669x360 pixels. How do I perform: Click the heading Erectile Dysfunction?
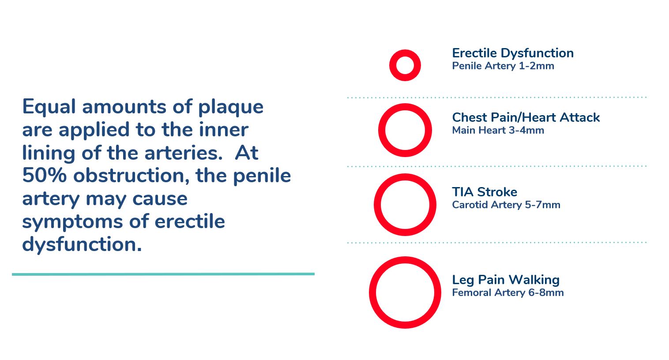(x=513, y=53)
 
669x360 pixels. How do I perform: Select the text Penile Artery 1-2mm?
(x=503, y=66)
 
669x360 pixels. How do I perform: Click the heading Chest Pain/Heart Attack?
(x=526, y=118)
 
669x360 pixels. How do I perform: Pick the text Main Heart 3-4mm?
(x=498, y=131)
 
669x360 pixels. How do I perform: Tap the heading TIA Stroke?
(x=485, y=192)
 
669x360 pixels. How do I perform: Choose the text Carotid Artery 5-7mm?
(x=506, y=205)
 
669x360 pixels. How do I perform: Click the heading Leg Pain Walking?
(x=506, y=280)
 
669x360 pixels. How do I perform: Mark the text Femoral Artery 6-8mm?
(x=508, y=293)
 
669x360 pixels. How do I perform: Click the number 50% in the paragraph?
(x=44, y=175)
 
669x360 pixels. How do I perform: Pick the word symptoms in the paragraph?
(x=72, y=222)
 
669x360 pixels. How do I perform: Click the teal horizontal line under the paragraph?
(x=163, y=274)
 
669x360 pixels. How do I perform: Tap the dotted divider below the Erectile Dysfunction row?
(x=496, y=97)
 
